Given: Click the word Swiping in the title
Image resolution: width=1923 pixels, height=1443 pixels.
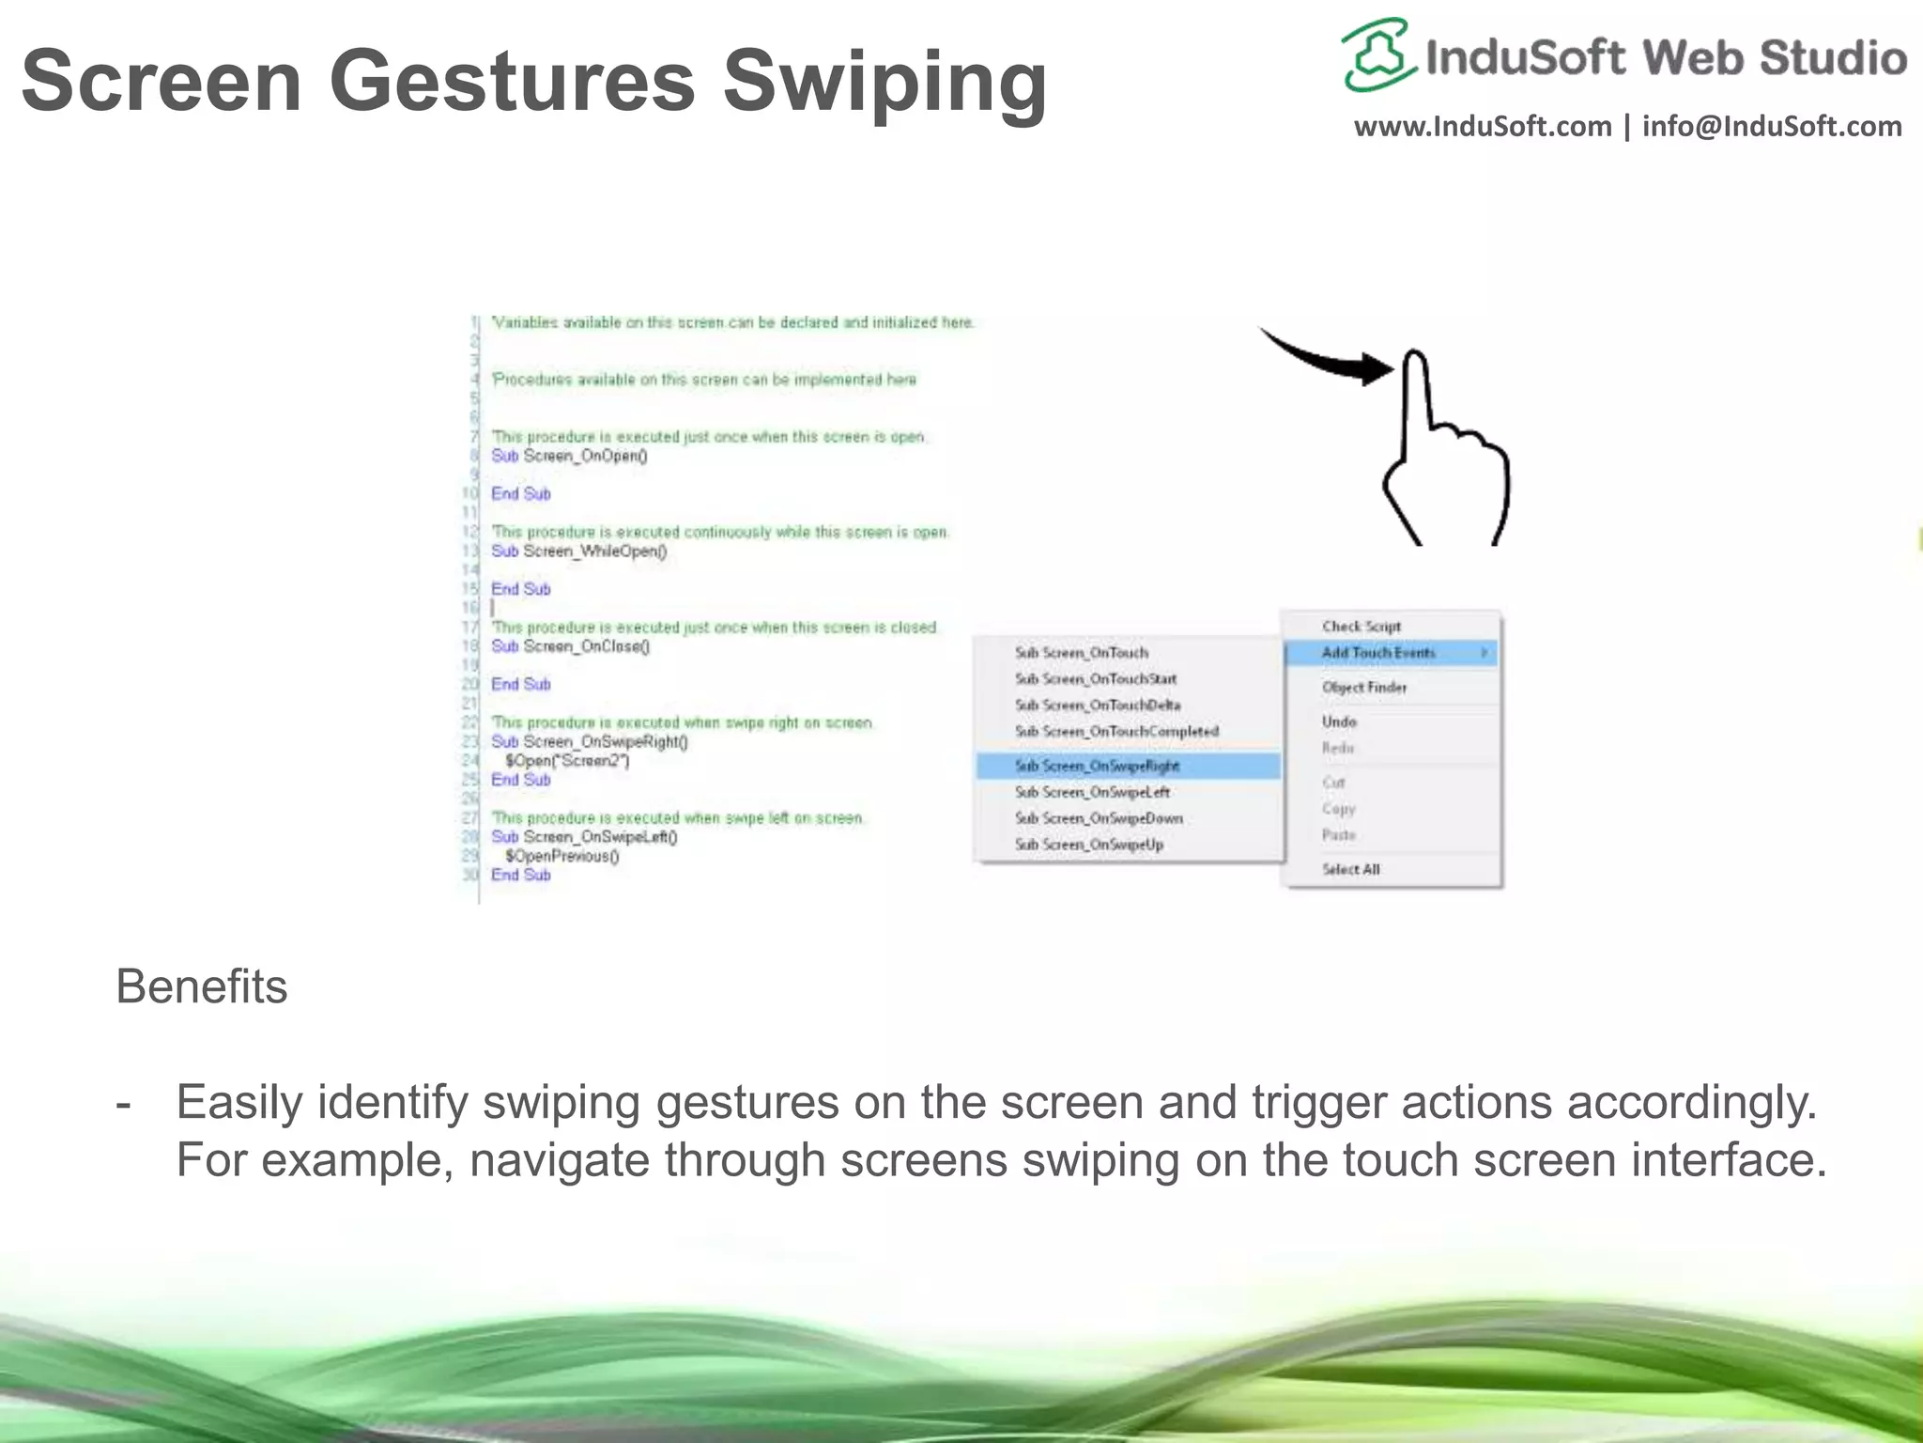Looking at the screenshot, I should (885, 83).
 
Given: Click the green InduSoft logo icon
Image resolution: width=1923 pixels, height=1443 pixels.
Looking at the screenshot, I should (1377, 54).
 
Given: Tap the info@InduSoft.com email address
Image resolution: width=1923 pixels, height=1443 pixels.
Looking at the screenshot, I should (1772, 126).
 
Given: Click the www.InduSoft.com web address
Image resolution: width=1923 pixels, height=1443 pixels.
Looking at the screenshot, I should (1483, 126).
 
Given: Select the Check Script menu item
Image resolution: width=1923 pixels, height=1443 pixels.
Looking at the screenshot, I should (1361, 626).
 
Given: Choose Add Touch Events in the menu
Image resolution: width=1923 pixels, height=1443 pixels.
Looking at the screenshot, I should (1377, 652).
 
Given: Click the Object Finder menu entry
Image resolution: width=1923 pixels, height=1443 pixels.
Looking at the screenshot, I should (1363, 687).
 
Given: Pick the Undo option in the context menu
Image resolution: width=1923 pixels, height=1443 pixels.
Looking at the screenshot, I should (1339, 721).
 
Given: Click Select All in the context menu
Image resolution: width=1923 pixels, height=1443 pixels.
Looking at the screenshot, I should (1350, 869).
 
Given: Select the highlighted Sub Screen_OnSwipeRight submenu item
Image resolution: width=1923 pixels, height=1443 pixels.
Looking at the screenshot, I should (1097, 766).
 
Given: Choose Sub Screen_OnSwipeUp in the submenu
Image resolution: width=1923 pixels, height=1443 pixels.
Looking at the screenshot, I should (1089, 845).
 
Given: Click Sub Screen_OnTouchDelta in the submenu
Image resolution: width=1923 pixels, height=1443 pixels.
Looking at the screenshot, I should (1097, 705).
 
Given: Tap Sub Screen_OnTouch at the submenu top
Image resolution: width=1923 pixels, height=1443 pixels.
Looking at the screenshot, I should (1081, 652).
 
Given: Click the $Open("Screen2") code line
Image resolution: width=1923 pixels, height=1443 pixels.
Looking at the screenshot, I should (567, 761).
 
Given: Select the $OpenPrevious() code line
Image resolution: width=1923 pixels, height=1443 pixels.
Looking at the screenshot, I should (562, 856).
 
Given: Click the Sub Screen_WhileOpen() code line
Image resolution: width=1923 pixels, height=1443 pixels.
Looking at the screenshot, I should (578, 551).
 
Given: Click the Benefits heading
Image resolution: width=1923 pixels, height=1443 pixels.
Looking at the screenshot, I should (201, 986).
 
